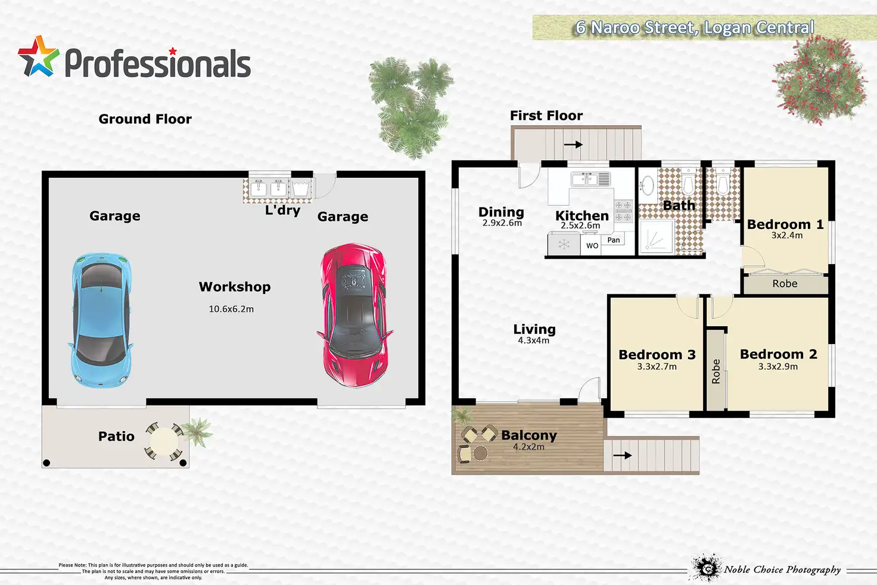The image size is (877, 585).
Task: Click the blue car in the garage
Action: pyautogui.click(x=101, y=320)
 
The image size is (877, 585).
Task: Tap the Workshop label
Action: pyautogui.click(x=235, y=287)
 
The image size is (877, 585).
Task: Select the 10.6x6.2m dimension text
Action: pyautogui.click(x=231, y=309)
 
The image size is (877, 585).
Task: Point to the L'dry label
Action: pyautogui.click(x=282, y=210)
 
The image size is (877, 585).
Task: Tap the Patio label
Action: pyautogui.click(x=116, y=437)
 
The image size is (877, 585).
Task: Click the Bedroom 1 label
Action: pyautogui.click(x=785, y=224)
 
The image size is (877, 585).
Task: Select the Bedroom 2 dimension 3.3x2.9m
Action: pyautogui.click(x=778, y=367)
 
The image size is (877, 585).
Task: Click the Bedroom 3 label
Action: pyautogui.click(x=657, y=355)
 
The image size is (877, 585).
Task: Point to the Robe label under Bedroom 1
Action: pyautogui.click(x=785, y=284)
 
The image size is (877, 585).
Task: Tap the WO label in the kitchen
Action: pyautogui.click(x=592, y=246)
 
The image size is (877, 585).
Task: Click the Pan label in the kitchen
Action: pyautogui.click(x=614, y=240)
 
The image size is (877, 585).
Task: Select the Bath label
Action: pyautogui.click(x=679, y=206)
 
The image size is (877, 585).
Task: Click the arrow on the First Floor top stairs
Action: pyautogui.click(x=573, y=144)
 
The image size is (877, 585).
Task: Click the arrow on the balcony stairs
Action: pyautogui.click(x=622, y=456)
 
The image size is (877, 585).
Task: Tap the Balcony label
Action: pyautogui.click(x=529, y=435)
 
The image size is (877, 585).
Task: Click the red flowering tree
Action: pyautogui.click(x=819, y=81)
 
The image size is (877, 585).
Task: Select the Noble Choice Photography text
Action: pyautogui.click(x=782, y=569)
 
